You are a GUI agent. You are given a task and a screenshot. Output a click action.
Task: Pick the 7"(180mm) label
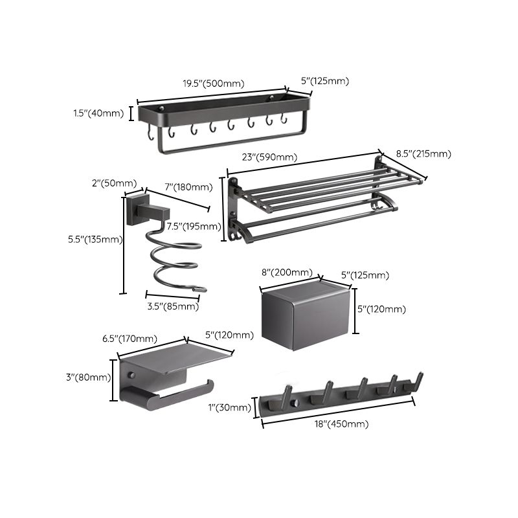point(188,187)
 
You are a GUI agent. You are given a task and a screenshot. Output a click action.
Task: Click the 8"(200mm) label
point(286,273)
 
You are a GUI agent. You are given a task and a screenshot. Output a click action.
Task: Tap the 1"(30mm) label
point(234,407)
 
